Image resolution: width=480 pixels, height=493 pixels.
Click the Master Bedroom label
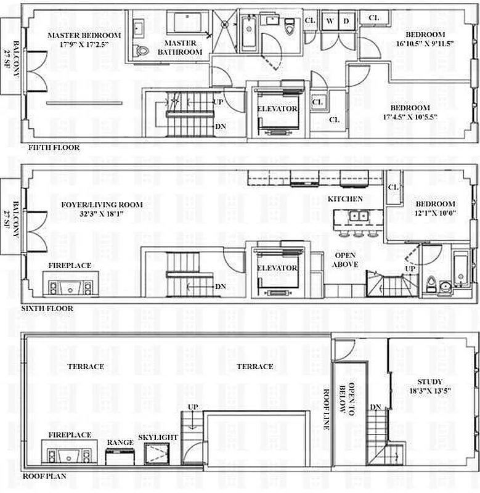(84, 35)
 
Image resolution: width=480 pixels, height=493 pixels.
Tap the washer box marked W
(330, 21)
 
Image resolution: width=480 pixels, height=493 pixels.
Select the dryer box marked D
(346, 21)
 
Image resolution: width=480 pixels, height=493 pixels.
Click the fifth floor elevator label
(277, 109)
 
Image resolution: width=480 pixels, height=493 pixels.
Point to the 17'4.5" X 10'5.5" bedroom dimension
(410, 117)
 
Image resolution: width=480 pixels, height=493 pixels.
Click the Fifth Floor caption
(54, 147)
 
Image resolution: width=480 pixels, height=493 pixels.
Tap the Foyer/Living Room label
(102, 205)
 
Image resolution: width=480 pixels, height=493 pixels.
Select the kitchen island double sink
(359, 217)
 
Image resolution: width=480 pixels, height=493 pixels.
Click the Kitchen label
(345, 199)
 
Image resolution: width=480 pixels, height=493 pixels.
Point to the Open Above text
(345, 259)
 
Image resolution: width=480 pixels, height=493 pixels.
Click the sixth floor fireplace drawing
(70, 284)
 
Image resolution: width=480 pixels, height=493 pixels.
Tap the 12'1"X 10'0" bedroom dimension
(436, 213)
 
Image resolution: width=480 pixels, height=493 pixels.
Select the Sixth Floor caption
(47, 309)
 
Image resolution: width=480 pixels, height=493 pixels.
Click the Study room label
(429, 381)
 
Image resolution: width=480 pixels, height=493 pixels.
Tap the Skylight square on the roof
(157, 454)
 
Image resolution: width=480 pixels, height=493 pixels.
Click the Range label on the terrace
(120, 442)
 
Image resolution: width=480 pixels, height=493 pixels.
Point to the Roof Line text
(327, 409)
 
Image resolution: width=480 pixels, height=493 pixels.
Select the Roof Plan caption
(44, 476)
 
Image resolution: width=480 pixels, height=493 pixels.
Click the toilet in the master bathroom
(142, 51)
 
